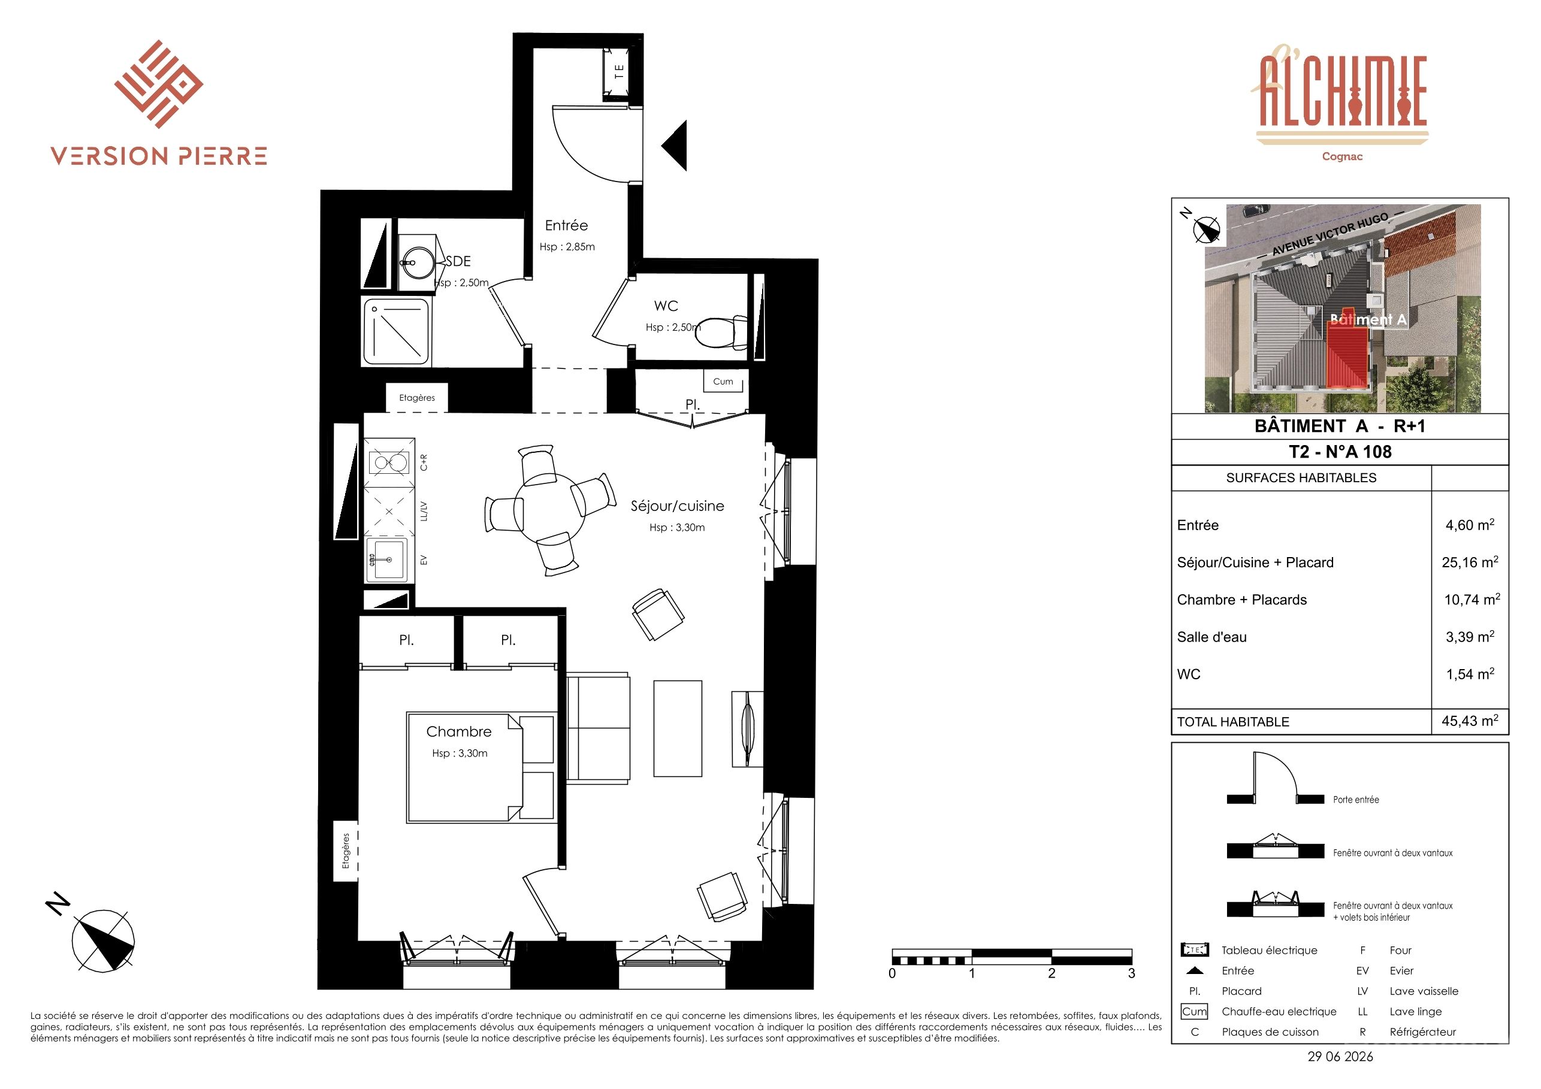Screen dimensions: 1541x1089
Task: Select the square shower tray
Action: (397, 331)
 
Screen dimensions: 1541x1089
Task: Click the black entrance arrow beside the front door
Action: (674, 146)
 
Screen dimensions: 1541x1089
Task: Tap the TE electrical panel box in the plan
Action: (618, 72)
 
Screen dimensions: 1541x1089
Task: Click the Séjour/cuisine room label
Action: (677, 506)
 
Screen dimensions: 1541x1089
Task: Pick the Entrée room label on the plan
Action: (566, 225)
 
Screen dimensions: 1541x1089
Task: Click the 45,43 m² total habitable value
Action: (1470, 721)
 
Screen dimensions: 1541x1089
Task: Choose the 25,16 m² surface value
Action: (1470, 562)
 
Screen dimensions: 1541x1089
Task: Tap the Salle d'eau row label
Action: (1211, 637)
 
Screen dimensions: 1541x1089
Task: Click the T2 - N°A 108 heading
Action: (1340, 452)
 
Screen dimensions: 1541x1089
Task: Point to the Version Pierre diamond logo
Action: (158, 84)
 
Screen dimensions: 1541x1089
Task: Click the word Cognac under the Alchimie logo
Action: (1342, 156)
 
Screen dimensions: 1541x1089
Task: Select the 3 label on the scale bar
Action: (1132, 973)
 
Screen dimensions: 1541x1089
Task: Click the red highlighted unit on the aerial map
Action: (1348, 353)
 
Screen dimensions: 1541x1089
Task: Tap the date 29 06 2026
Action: (1340, 1056)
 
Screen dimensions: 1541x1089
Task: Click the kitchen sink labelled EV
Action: (387, 559)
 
